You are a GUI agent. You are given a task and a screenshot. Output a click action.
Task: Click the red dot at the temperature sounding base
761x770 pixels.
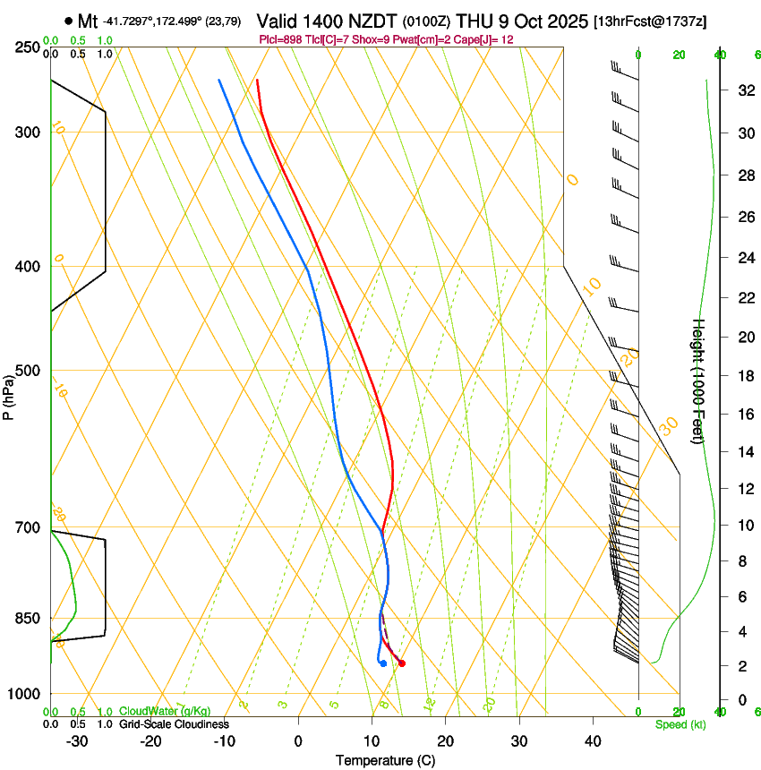point(401,663)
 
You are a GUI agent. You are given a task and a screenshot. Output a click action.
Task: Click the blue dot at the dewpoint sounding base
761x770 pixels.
point(383,663)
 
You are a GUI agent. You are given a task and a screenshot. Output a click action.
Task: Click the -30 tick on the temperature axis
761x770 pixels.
point(77,740)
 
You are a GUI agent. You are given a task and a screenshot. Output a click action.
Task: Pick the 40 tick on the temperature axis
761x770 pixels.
point(593,740)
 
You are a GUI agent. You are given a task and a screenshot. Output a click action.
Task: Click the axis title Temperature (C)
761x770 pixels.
point(385,760)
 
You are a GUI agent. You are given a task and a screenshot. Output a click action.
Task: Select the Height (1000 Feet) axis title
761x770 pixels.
point(698,381)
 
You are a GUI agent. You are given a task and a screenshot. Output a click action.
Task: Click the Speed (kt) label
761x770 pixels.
point(680,724)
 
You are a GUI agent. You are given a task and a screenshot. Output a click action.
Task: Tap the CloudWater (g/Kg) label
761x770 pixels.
point(165,712)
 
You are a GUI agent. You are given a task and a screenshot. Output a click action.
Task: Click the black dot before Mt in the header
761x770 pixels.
point(69,21)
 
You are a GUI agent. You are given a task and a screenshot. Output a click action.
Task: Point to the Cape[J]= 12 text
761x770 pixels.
point(489,40)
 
